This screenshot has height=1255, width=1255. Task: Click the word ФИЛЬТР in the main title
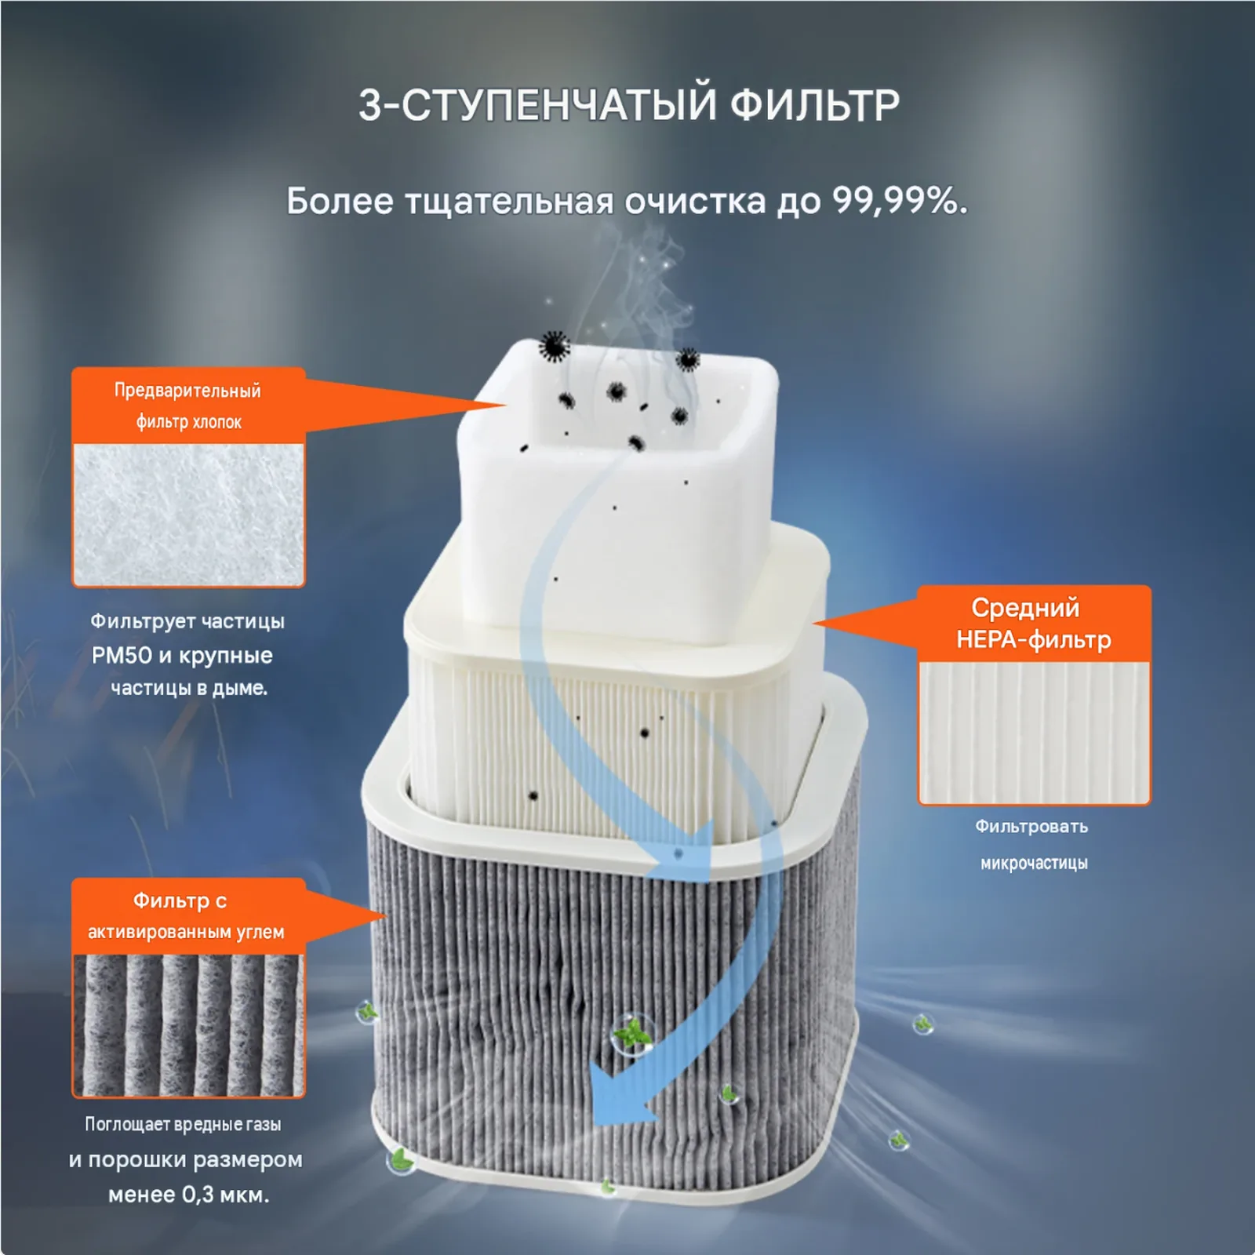(815, 105)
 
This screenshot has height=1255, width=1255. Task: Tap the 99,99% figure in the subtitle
(900, 202)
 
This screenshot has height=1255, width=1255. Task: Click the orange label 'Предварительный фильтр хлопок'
(188, 406)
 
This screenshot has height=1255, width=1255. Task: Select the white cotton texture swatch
(188, 515)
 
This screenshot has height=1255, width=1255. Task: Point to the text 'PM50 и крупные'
(182, 655)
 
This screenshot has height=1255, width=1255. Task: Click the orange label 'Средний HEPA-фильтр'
(1034, 624)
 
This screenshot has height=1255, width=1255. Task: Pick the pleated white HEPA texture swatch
(1034, 733)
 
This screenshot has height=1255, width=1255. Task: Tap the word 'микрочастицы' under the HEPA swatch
(1034, 863)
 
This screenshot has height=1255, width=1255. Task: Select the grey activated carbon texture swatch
(188, 1024)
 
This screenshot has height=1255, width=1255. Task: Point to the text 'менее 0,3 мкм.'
(188, 1195)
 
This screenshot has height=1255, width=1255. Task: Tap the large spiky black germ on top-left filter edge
(555, 345)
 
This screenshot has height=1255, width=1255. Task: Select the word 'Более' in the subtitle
(340, 202)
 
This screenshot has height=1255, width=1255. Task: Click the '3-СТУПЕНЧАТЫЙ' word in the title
(538, 105)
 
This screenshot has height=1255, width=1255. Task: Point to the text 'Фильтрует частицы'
(187, 621)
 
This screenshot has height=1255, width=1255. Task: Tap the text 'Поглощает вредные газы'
(183, 1124)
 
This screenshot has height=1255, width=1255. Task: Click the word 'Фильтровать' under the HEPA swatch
(1031, 827)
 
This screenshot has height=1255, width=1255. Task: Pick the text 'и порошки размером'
(185, 1159)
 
